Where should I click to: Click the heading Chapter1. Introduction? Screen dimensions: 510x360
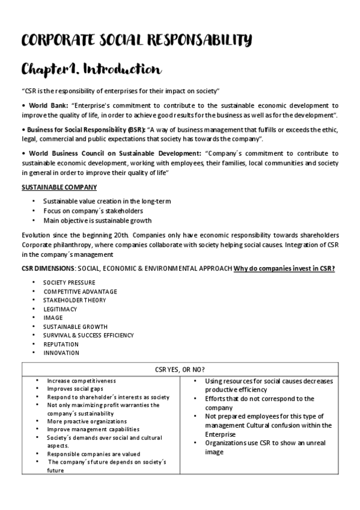[91, 69]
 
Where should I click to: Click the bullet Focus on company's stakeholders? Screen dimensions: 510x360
[93, 211]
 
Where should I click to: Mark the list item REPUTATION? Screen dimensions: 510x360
[61, 344]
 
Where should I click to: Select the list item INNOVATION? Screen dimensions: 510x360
[61, 353]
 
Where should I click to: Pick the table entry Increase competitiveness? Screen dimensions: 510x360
[81, 381]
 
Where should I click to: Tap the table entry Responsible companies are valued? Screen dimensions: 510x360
[94, 454]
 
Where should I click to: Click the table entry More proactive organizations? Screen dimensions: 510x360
[88, 422]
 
